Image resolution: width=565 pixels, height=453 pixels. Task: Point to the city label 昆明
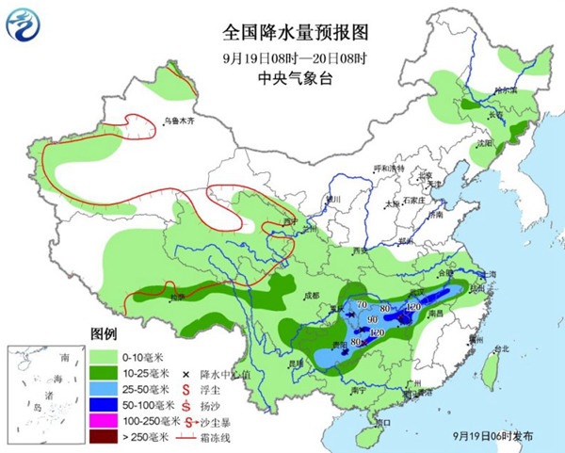[296, 362]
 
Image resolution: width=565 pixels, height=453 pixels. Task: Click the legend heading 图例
[103, 334]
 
